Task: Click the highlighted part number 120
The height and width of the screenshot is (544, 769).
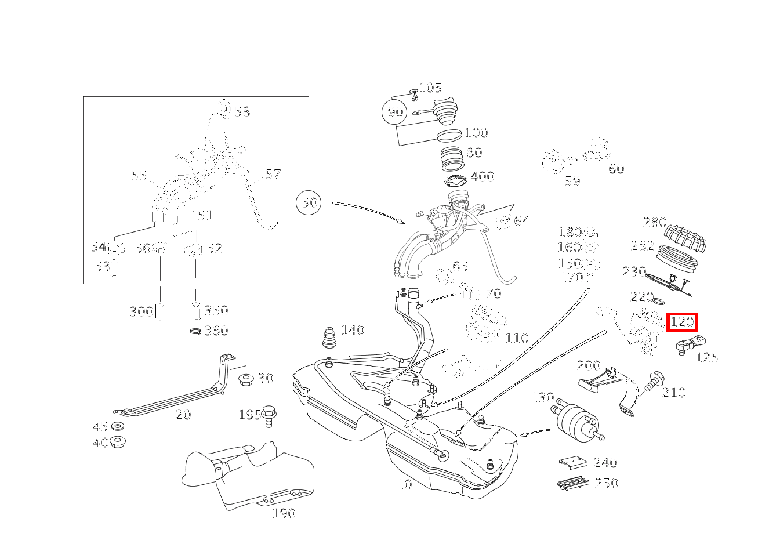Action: (x=682, y=322)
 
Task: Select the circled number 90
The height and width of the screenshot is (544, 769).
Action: (x=395, y=111)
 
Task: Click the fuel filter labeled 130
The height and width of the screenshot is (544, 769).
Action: (x=575, y=418)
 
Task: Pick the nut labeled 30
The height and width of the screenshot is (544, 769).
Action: (x=245, y=380)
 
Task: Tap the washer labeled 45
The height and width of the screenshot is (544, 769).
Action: (x=118, y=427)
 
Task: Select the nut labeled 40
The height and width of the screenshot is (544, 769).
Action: (x=118, y=442)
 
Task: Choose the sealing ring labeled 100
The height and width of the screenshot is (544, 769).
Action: (x=449, y=136)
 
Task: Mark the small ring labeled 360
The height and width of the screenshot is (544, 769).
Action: (x=196, y=331)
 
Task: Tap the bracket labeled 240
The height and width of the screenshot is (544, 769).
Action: (x=574, y=463)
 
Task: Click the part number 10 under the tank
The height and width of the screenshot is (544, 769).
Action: (x=404, y=484)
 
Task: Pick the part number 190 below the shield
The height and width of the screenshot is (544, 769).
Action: (x=284, y=513)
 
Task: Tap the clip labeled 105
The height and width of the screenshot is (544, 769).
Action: (x=413, y=93)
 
